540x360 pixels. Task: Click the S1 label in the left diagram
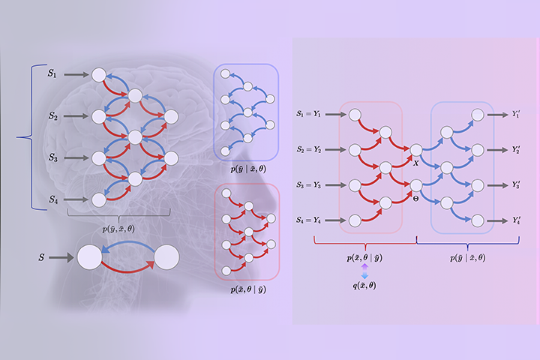pyautogui.click(x=52, y=73)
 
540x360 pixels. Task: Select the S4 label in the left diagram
pyautogui.click(x=53, y=199)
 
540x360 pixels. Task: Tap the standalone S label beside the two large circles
pyautogui.click(x=42, y=257)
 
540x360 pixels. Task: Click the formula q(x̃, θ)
pyautogui.click(x=364, y=286)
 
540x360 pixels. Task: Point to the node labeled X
pyautogui.click(x=416, y=150)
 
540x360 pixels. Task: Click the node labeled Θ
pyautogui.click(x=416, y=185)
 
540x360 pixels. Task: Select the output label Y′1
pyautogui.click(x=515, y=114)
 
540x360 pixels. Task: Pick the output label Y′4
pyautogui.click(x=516, y=220)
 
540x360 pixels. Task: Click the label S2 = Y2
pyautogui.click(x=309, y=149)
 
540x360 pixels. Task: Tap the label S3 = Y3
pyautogui.click(x=309, y=185)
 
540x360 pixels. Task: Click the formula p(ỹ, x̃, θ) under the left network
pyautogui.click(x=118, y=229)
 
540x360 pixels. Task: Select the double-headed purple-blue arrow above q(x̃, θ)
pyautogui.click(x=364, y=271)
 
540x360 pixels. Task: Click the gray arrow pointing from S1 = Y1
pyautogui.click(x=336, y=114)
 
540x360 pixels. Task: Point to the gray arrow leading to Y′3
pyautogui.click(x=498, y=185)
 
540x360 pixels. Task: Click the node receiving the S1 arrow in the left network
pyautogui.click(x=99, y=75)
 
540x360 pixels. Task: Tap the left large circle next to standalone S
pyautogui.click(x=89, y=257)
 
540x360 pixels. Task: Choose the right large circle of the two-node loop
pyautogui.click(x=166, y=257)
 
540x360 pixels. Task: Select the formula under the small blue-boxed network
pyautogui.click(x=248, y=169)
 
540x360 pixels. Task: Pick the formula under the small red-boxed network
pyautogui.click(x=248, y=289)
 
